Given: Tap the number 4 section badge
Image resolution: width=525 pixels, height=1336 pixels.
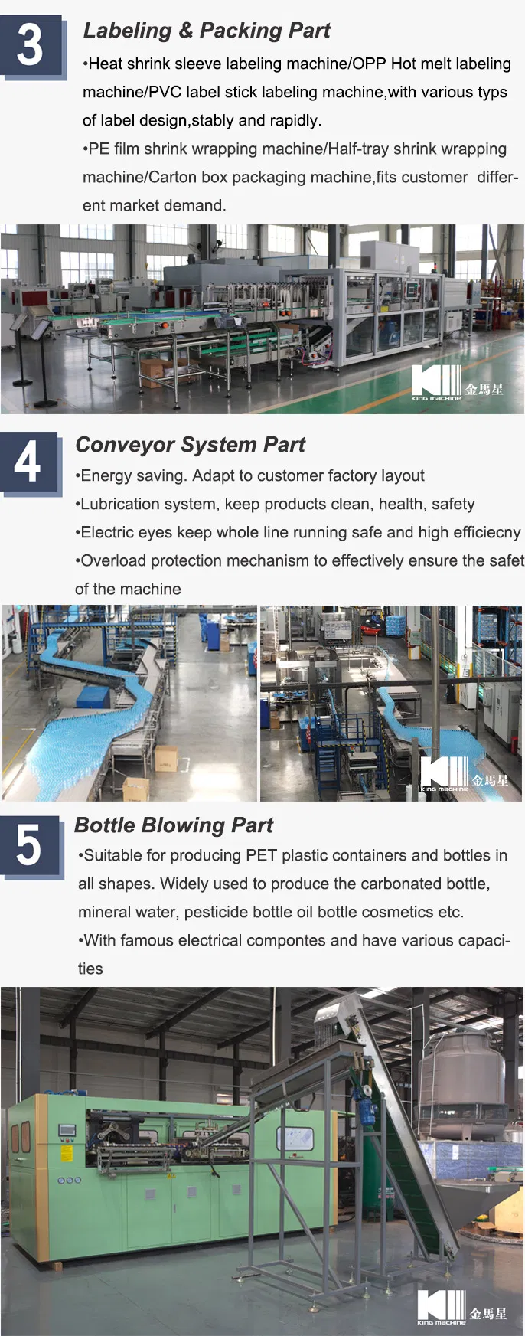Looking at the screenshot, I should [28, 462].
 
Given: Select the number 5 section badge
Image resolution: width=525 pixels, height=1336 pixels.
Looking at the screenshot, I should [29, 846].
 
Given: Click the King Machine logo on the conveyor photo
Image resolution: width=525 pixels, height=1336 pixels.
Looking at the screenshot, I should [464, 774].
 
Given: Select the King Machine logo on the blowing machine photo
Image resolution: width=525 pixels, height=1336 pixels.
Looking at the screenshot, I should [461, 1307].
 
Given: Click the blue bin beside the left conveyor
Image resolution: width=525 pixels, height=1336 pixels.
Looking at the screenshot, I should [93, 697].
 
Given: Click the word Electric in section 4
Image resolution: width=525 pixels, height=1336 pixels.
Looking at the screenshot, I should [107, 532].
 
